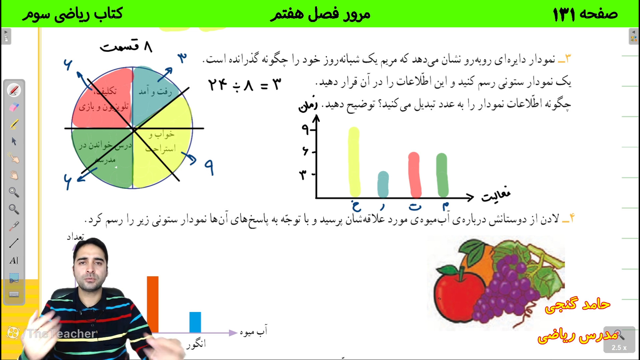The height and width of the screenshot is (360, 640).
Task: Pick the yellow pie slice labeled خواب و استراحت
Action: [163, 147]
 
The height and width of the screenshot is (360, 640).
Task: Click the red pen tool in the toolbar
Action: [14, 90]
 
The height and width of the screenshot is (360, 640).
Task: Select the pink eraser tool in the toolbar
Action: [14, 107]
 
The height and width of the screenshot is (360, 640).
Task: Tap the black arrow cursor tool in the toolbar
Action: [14, 141]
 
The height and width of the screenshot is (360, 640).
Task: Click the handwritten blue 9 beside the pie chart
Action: [209, 167]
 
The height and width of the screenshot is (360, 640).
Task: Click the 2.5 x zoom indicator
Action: [619, 347]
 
